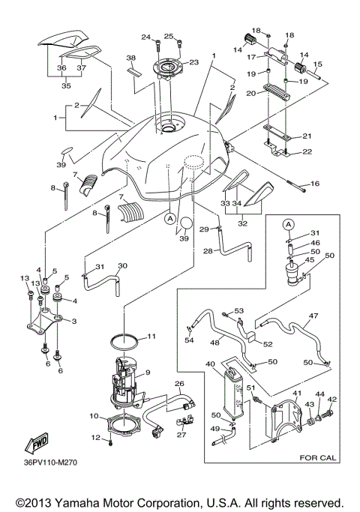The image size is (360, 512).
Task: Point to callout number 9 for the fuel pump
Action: (x=148, y=373)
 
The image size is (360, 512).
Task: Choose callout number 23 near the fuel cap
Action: (x=193, y=62)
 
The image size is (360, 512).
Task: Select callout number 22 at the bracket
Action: (x=307, y=152)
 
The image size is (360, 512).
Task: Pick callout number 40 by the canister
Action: (x=211, y=364)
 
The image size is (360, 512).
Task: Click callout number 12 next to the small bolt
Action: (x=95, y=437)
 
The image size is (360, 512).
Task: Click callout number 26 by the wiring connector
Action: (x=179, y=384)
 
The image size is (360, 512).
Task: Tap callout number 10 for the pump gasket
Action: (x=95, y=416)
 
